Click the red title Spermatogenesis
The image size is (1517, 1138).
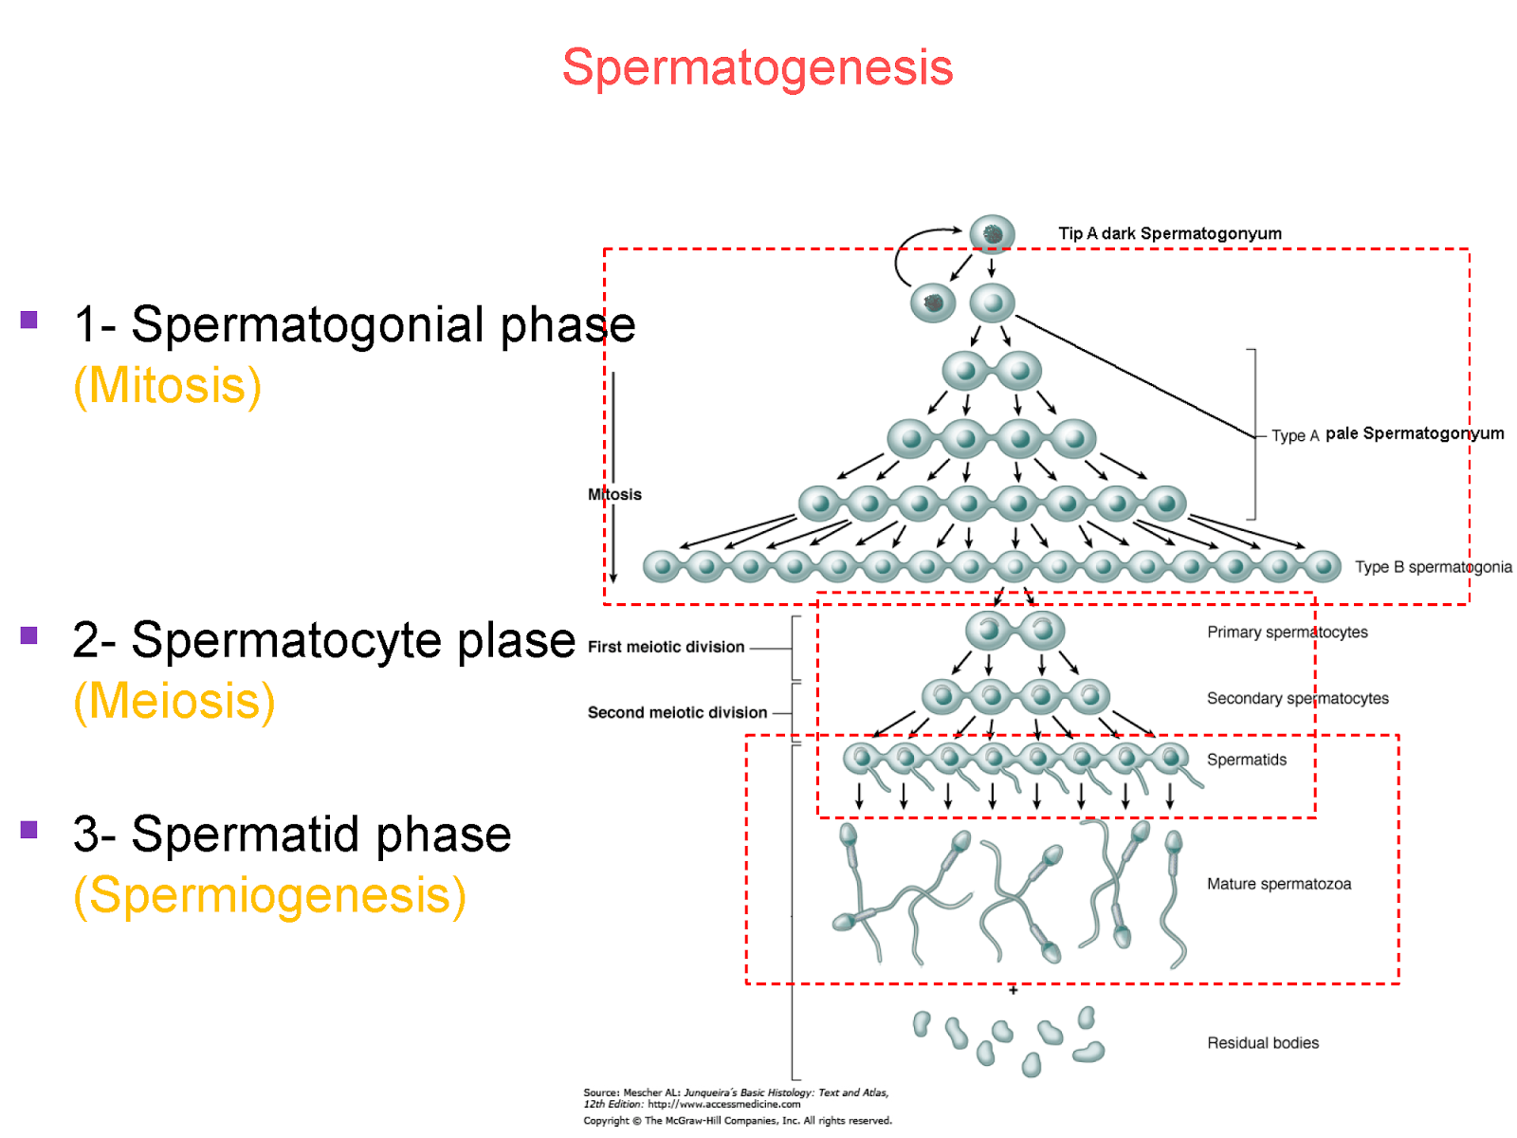[x=757, y=68]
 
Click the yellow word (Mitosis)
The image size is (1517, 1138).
[x=167, y=386]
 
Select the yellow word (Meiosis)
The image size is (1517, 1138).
[x=174, y=702]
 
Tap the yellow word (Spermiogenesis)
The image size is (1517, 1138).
[x=269, y=895]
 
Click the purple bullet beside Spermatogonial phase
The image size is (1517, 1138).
[x=28, y=320]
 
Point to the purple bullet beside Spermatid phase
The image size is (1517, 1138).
[x=28, y=830]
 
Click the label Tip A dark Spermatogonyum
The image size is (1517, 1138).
[x=1169, y=233]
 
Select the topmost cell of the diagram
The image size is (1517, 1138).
[x=992, y=233]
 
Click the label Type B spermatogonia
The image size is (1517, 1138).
[x=1433, y=567]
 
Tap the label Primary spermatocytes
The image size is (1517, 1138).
[x=1287, y=633]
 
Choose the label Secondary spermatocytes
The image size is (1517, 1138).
[x=1297, y=699]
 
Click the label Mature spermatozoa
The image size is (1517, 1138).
[x=1278, y=884]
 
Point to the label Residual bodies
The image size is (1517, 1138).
[x=1262, y=1043]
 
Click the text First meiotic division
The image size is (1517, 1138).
[x=666, y=647]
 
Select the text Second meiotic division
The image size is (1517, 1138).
[x=677, y=712]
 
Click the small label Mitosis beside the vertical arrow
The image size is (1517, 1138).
[x=614, y=494]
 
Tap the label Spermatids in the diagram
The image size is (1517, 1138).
[x=1246, y=760]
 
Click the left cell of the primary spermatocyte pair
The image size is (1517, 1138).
[x=988, y=630]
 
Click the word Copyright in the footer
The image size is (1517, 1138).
[x=606, y=1121]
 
